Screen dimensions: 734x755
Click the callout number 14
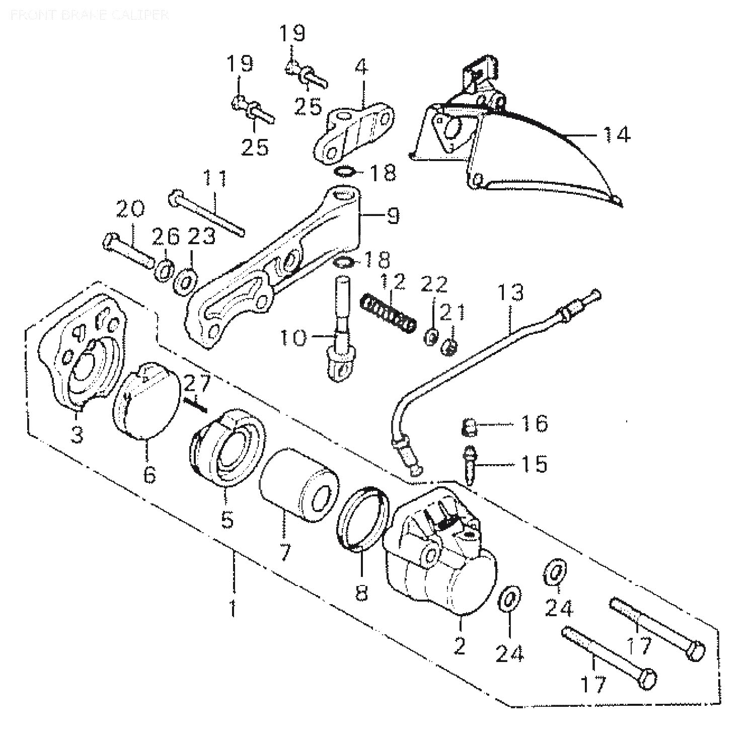coord(616,135)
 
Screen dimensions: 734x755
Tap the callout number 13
coord(511,293)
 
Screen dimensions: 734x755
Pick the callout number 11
coord(215,180)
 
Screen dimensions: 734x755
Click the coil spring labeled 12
coord(389,313)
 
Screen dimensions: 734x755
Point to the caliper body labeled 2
coord(443,559)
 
